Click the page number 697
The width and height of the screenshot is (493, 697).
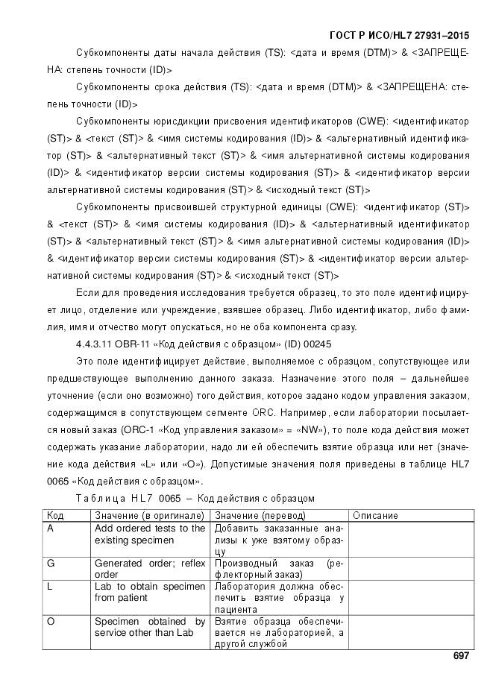[460, 656]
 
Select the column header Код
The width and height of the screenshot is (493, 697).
[55, 515]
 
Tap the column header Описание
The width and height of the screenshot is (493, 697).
[375, 515]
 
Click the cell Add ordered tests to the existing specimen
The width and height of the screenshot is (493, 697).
[149, 534]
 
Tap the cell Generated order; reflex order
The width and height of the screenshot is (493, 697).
[149, 569]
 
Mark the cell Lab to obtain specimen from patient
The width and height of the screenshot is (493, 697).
[149, 592]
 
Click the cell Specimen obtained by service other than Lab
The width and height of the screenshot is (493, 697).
[149, 627]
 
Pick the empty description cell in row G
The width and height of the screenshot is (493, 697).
[411, 569]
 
